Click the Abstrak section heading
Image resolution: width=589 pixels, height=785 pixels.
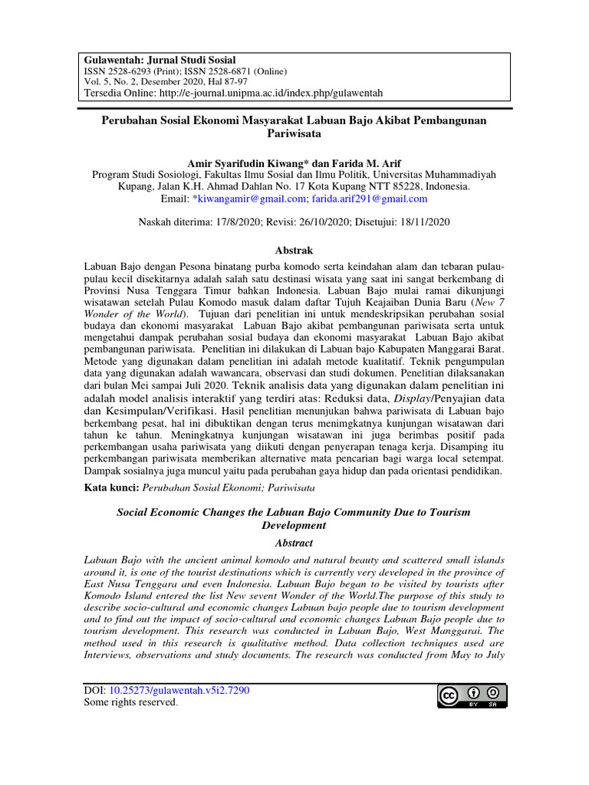(294, 251)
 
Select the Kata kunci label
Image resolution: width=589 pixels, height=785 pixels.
(111, 487)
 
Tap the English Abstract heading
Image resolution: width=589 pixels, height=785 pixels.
(294, 542)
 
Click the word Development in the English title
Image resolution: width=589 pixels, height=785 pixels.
(294, 525)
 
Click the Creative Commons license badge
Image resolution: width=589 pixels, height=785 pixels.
(471, 695)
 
